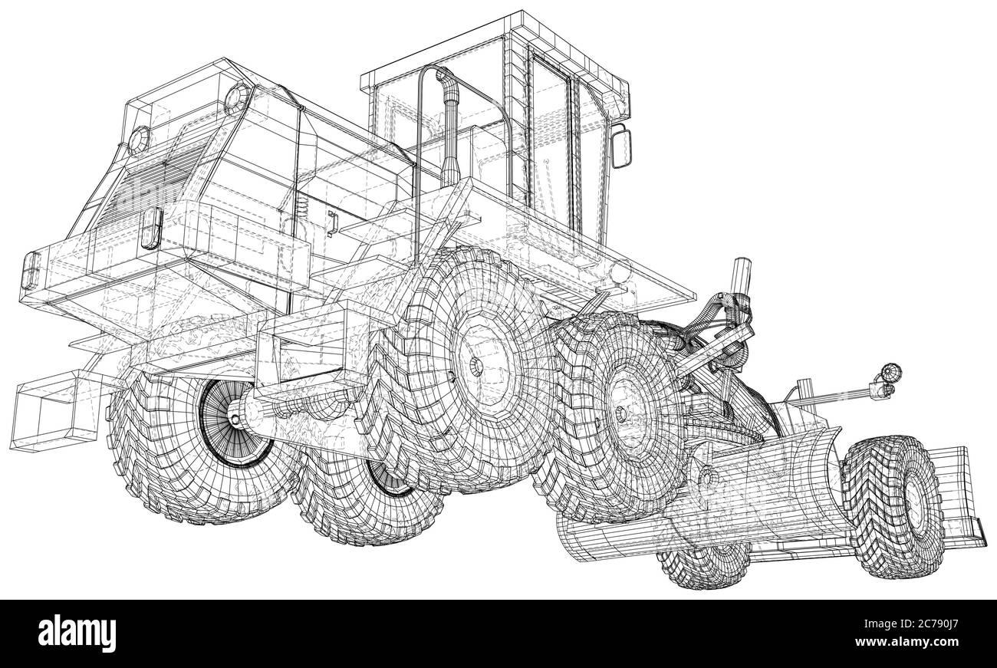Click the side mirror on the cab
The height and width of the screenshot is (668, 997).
(621, 146)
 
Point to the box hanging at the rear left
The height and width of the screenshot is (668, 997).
(54, 410)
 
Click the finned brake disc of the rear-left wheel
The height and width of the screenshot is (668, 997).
(232, 422)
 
